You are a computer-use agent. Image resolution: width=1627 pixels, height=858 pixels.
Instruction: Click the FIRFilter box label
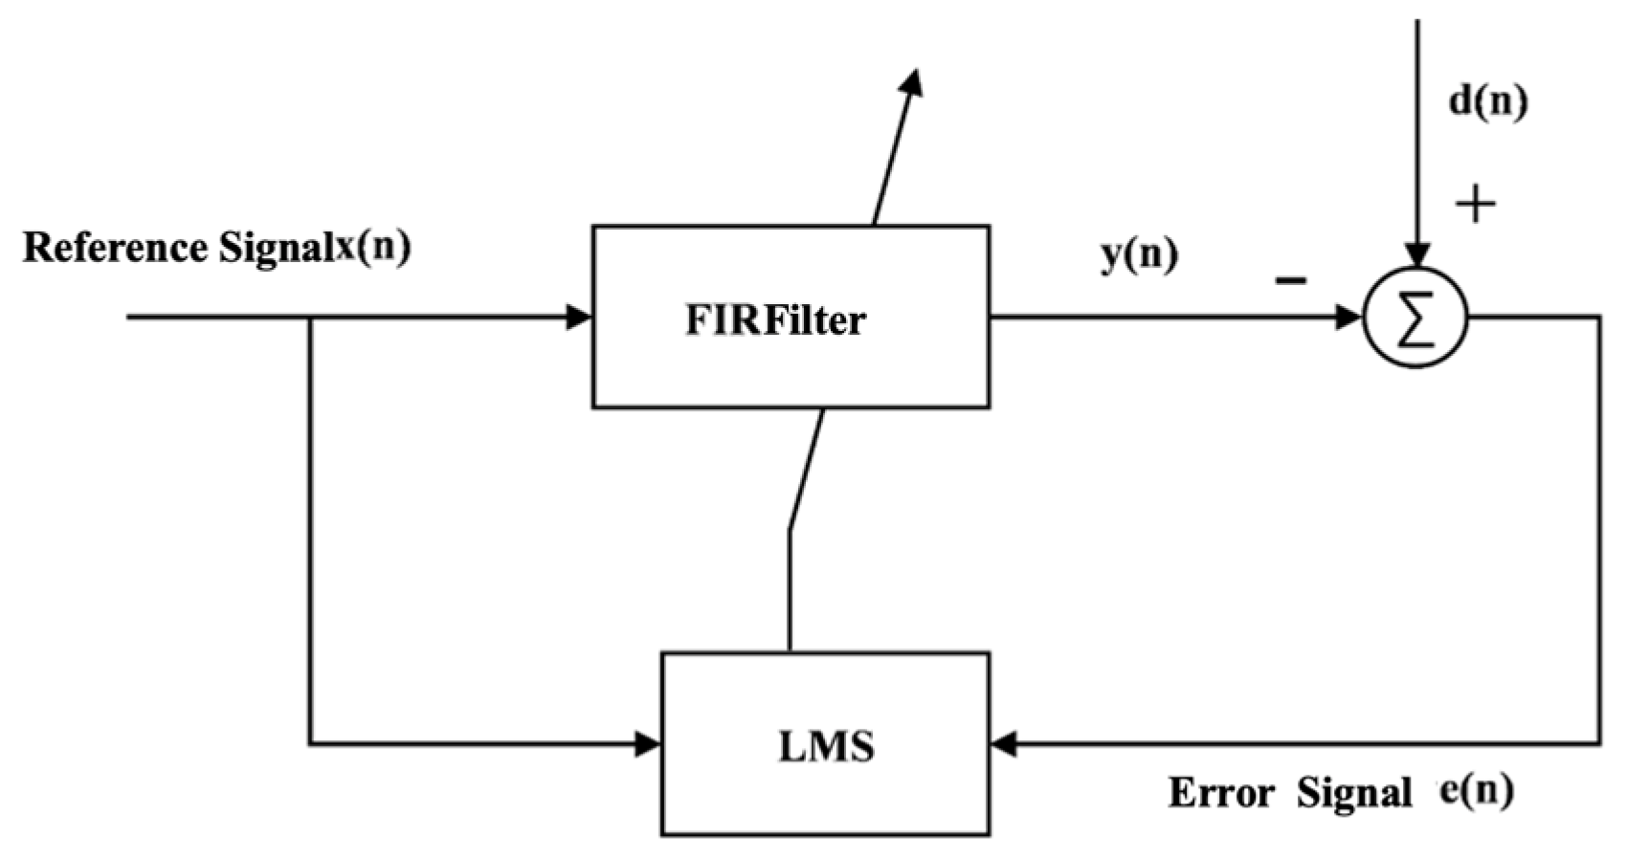775,320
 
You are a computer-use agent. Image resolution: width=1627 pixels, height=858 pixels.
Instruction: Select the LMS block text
826,746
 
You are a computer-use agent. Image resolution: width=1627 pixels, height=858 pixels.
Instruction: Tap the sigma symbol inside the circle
1415,319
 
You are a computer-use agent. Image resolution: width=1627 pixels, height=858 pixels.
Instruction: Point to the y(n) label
1139,255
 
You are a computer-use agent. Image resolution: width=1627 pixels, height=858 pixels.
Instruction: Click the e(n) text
1478,790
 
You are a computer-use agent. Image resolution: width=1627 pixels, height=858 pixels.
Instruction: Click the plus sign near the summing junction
1475,204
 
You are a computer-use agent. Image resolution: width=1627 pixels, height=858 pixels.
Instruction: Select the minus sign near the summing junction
1290,280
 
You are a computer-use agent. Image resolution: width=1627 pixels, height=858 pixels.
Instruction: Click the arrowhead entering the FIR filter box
580,317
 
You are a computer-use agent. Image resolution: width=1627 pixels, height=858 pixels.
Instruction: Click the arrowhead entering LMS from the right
1004,743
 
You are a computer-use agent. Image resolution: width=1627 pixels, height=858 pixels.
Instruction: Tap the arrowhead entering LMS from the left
649,743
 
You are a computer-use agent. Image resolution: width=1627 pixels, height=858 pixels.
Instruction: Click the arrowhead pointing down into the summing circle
1417,253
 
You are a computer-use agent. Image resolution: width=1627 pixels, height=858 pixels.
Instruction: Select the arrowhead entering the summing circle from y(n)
1348,317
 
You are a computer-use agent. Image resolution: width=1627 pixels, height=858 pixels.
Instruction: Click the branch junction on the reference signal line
309,317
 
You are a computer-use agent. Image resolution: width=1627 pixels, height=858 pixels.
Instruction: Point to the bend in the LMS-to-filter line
790,529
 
